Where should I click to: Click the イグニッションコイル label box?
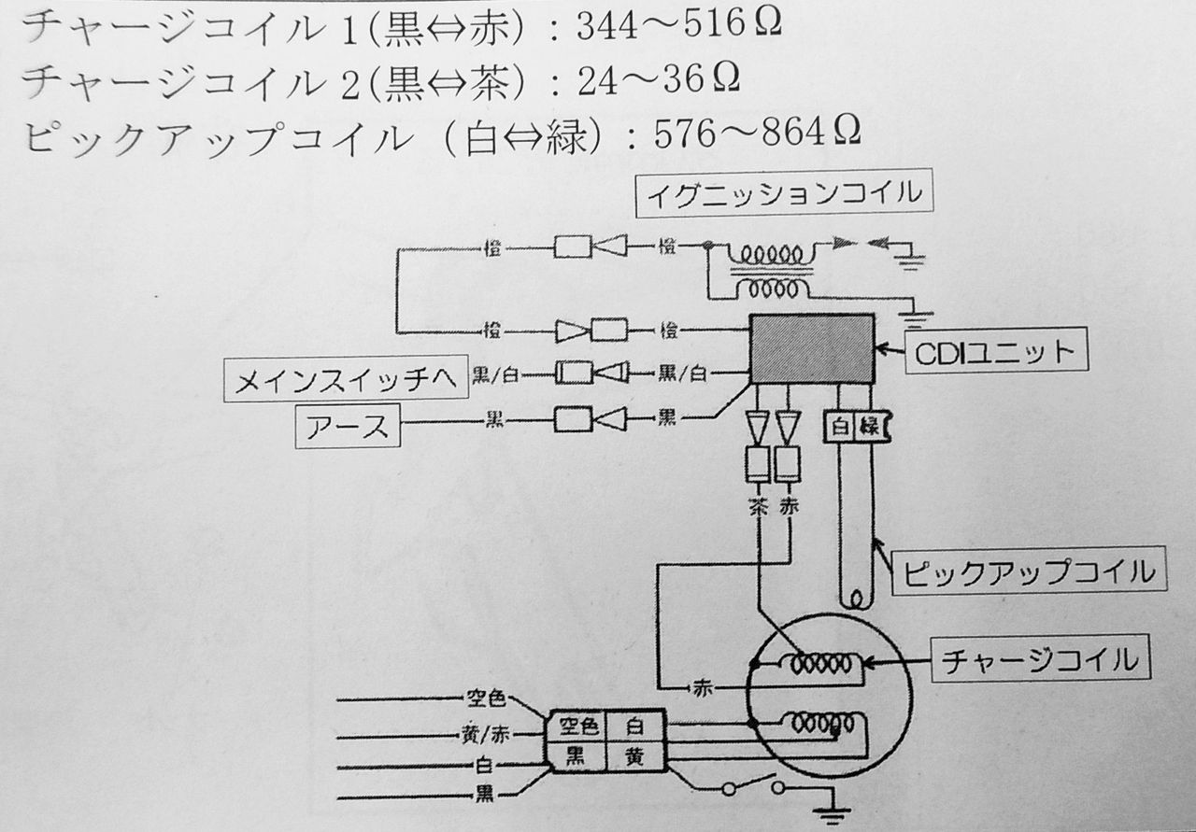tap(784, 194)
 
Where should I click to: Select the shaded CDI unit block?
tap(812, 347)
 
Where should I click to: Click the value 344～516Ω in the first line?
tap(678, 29)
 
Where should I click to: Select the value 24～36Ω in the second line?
tap(659, 81)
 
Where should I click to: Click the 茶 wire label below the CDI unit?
tap(757, 508)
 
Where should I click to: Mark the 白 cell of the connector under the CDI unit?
tap(839, 427)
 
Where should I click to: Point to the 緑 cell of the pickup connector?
tap(868, 427)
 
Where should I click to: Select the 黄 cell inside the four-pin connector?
tap(634, 754)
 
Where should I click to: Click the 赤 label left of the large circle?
tap(704, 688)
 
